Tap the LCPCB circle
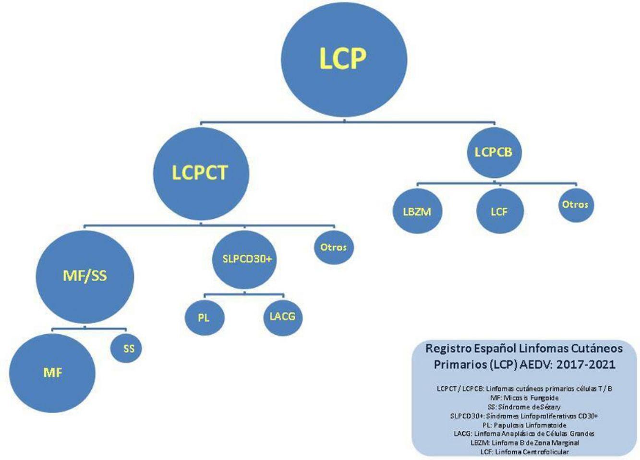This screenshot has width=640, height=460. click(x=493, y=153)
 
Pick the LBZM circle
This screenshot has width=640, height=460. click(x=417, y=212)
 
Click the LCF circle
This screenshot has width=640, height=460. click(x=499, y=212)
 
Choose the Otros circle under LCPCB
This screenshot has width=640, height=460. click(x=575, y=205)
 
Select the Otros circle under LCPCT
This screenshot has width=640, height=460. click(x=333, y=248)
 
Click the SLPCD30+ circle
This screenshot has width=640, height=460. click(x=244, y=259)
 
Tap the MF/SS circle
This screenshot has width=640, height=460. click(x=85, y=276)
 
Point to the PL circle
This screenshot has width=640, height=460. click(x=204, y=318)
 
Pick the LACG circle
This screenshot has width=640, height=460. click(x=282, y=317)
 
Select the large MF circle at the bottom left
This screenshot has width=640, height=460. click(x=52, y=373)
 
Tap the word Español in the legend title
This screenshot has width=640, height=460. click(x=495, y=348)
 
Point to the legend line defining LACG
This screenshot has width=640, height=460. click(x=524, y=434)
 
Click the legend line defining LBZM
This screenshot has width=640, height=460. click(x=524, y=443)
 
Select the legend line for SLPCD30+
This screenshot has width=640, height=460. click(x=524, y=416)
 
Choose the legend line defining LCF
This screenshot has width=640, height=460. click(x=524, y=452)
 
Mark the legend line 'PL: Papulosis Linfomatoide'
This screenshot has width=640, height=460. click(x=524, y=425)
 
